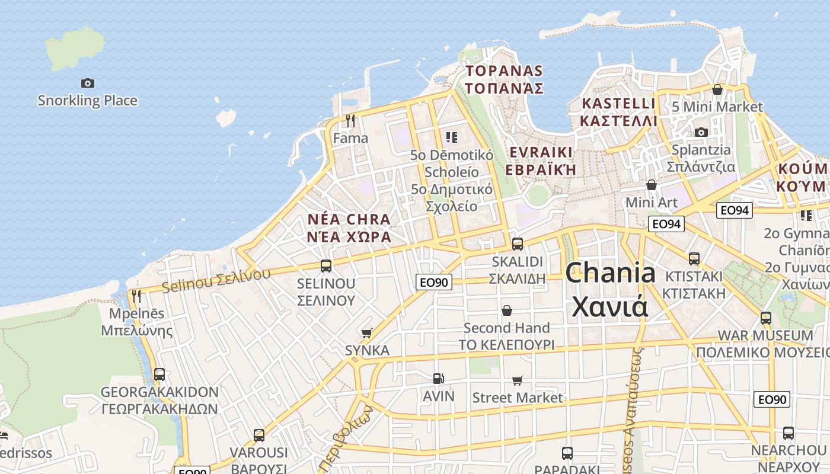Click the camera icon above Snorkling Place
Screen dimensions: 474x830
pyautogui.click(x=88, y=84)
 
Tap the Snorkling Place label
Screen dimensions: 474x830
pyautogui.click(x=88, y=101)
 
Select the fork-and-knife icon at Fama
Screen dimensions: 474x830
pyautogui.click(x=350, y=121)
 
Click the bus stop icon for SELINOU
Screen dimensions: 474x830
pyautogui.click(x=325, y=266)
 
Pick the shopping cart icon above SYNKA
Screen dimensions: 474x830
pyautogui.click(x=367, y=333)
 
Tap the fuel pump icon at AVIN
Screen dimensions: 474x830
pyautogui.click(x=438, y=378)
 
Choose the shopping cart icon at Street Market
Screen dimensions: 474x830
pyautogui.click(x=517, y=380)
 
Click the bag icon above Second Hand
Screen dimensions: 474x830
pyautogui.click(x=507, y=310)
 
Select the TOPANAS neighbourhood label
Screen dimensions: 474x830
pyautogui.click(x=505, y=79)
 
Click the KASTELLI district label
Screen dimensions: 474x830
pyautogui.click(x=619, y=112)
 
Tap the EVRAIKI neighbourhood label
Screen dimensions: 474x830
pyautogui.click(x=541, y=161)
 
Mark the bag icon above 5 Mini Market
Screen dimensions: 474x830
pyautogui.click(x=717, y=89)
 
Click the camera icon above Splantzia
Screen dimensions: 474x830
pyautogui.click(x=701, y=132)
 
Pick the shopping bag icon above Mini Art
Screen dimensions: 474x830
pyautogui.click(x=652, y=185)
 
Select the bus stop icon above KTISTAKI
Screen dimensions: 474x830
pyautogui.click(x=694, y=259)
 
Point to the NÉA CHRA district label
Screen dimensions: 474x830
pyautogui.click(x=349, y=228)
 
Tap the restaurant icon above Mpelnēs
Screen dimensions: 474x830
pyautogui.click(x=136, y=296)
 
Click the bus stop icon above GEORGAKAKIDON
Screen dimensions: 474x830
pyautogui.click(x=159, y=374)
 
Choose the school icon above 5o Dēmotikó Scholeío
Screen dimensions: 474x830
pyautogui.click(x=452, y=138)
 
